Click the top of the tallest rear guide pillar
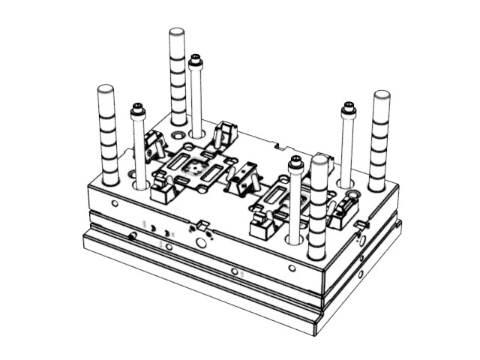tap(177, 34)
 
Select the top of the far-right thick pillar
tap(382, 96)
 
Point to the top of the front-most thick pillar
tap(319, 161)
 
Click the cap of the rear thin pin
tap(196, 58)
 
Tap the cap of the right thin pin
tap(347, 106)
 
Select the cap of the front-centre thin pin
tap(295, 161)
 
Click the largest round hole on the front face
tap(200, 244)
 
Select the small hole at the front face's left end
tap(113, 203)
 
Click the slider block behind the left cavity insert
tap(224, 133)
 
